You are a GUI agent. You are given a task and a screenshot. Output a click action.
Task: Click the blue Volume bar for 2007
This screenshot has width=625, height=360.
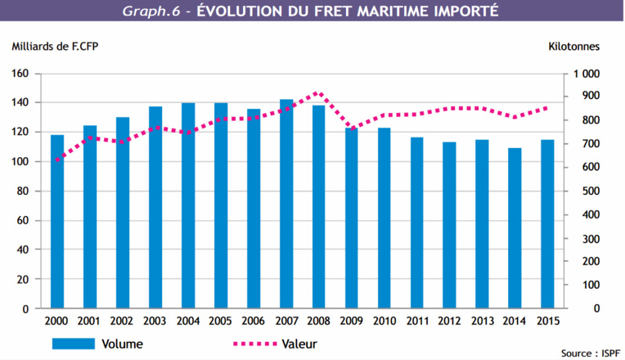pos(286,205)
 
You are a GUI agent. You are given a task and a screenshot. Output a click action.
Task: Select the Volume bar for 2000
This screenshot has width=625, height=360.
pos(57,222)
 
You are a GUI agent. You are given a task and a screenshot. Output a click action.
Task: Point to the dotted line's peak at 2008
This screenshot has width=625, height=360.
pos(319,93)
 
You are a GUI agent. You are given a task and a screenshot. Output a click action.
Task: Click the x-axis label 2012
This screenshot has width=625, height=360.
pos(450,321)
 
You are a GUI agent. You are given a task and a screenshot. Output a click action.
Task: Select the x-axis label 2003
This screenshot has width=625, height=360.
pos(155,321)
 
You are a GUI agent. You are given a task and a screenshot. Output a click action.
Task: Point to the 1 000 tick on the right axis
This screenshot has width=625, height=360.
pos(586,74)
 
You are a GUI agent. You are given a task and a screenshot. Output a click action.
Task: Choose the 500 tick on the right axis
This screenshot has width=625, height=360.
pos(589,191)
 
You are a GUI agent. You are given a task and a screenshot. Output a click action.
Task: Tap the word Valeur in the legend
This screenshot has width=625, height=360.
pos(299,344)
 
